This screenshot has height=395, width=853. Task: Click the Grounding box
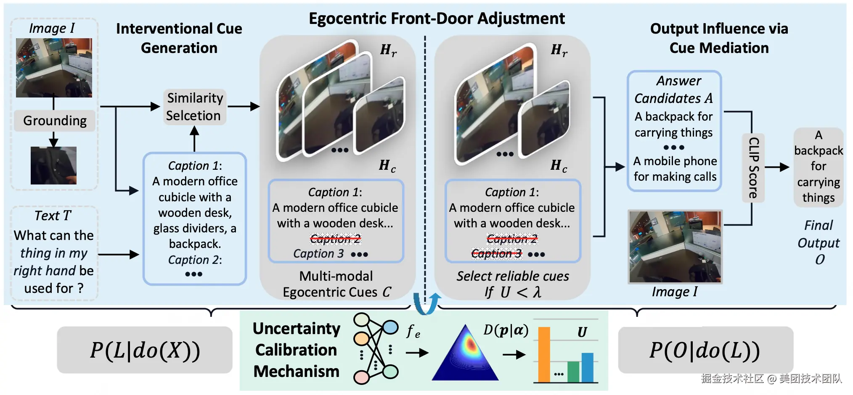click(x=55, y=121)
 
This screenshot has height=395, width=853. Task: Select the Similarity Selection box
click(x=195, y=107)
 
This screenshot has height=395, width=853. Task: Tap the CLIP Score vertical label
click(x=753, y=167)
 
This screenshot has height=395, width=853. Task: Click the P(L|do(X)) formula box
click(x=145, y=350)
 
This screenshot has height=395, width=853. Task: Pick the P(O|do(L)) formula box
click(x=705, y=350)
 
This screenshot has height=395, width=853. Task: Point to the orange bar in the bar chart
click(x=544, y=354)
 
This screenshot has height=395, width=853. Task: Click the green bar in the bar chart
click(x=573, y=371)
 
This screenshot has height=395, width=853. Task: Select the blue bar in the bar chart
click(x=587, y=367)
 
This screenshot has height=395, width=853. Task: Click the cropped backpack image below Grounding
click(x=53, y=166)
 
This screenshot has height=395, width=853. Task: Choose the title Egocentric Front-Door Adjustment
click(x=437, y=18)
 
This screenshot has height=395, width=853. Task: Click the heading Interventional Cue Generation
click(x=179, y=38)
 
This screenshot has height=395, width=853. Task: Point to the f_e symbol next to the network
click(x=413, y=332)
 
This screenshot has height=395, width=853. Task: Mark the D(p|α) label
click(x=506, y=330)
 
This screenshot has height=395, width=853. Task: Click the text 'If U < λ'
click(x=513, y=292)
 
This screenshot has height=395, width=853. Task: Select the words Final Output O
click(x=819, y=242)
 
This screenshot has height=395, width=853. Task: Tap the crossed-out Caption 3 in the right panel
click(x=496, y=253)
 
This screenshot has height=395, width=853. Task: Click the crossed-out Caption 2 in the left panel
click(x=335, y=239)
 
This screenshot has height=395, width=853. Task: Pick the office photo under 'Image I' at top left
click(x=54, y=68)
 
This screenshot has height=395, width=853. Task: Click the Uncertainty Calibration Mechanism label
click(x=297, y=350)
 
